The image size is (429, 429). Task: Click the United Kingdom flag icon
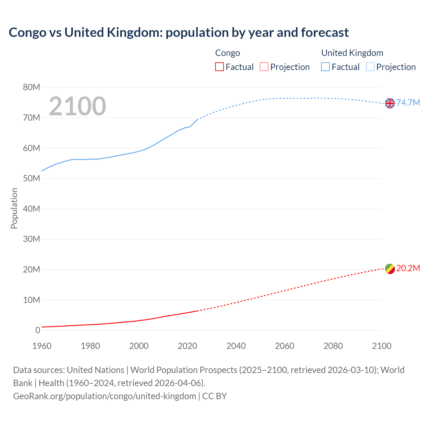(x=390, y=103)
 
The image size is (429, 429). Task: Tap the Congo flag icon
(x=390, y=269)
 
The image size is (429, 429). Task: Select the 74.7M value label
(x=408, y=103)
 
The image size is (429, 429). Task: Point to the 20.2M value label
(x=408, y=268)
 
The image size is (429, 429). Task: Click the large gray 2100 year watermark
(x=77, y=106)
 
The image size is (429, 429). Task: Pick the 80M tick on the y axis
(x=32, y=87)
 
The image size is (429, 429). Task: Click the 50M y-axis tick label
(x=32, y=179)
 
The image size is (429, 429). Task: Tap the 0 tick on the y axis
(x=38, y=330)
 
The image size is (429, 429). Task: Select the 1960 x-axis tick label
(x=42, y=346)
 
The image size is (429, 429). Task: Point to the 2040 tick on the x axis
(x=236, y=346)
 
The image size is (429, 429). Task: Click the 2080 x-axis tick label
(x=333, y=346)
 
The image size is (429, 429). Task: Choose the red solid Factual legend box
(x=220, y=67)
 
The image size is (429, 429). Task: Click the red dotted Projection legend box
(x=264, y=67)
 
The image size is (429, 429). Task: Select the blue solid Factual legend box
(x=325, y=67)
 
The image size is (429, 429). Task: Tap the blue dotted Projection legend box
(x=370, y=67)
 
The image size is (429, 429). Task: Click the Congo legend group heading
(x=228, y=53)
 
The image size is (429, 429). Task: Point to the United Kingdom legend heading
(x=352, y=53)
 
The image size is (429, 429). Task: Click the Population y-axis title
(x=14, y=208)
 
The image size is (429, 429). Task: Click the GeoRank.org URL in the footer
(x=105, y=396)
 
